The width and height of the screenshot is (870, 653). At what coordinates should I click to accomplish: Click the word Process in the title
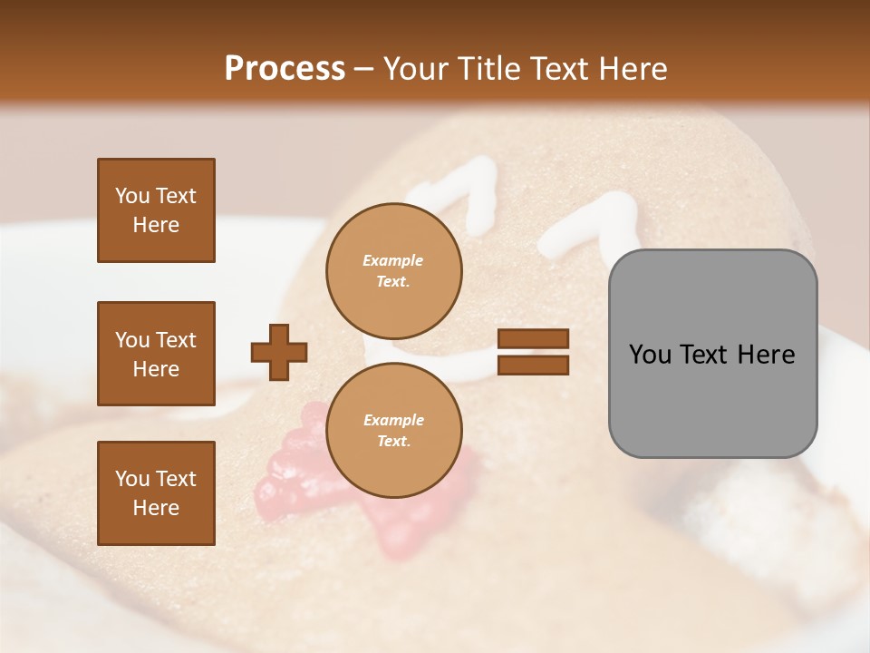pos(285,68)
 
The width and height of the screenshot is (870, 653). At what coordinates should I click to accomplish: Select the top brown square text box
pos(156,210)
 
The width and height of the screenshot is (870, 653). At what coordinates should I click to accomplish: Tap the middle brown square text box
pos(156,354)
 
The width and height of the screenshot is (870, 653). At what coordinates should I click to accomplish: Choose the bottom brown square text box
pos(156,492)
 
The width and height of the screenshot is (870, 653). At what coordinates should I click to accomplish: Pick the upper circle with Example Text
pos(393,270)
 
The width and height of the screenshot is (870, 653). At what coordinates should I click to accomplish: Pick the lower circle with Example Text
pos(393,430)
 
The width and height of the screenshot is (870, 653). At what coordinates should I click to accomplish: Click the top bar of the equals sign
pos(533,339)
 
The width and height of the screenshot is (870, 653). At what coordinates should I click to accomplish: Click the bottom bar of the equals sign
pos(533,365)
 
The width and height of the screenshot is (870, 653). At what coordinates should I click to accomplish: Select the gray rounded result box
pos(712,354)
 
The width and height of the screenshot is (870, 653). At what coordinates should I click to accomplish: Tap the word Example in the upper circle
pos(393,260)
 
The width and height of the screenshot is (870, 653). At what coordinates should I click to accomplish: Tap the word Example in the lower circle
pos(393,420)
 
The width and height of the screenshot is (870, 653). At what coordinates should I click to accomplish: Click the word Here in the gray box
pos(765,354)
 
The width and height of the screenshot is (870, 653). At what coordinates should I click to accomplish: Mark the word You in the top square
pos(131,196)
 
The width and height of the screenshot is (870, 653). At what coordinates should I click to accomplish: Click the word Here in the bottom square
pos(156,507)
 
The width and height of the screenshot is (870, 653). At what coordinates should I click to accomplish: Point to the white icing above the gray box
pos(589,222)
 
